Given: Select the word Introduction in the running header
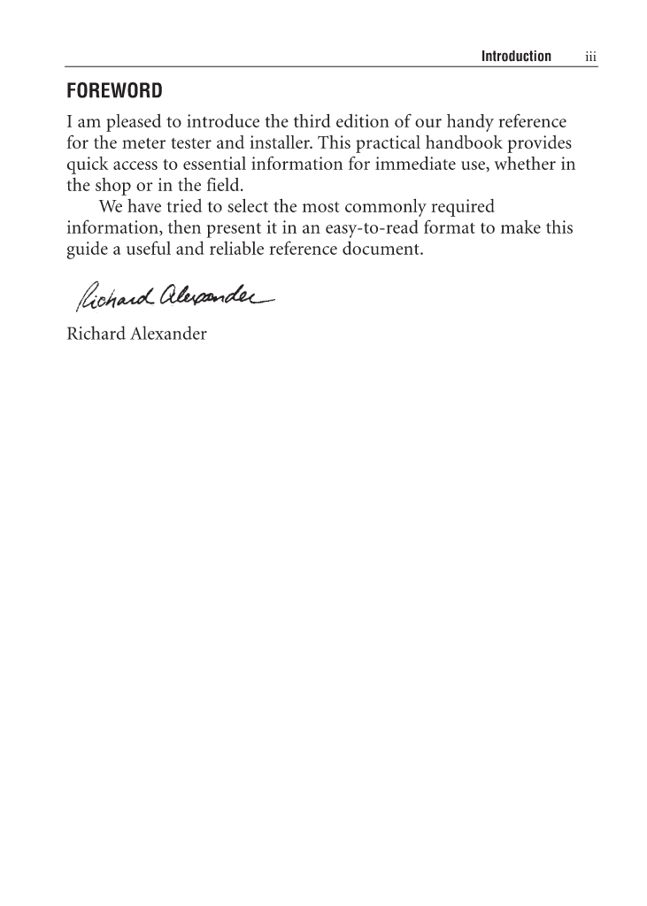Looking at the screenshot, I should [x=515, y=57].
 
